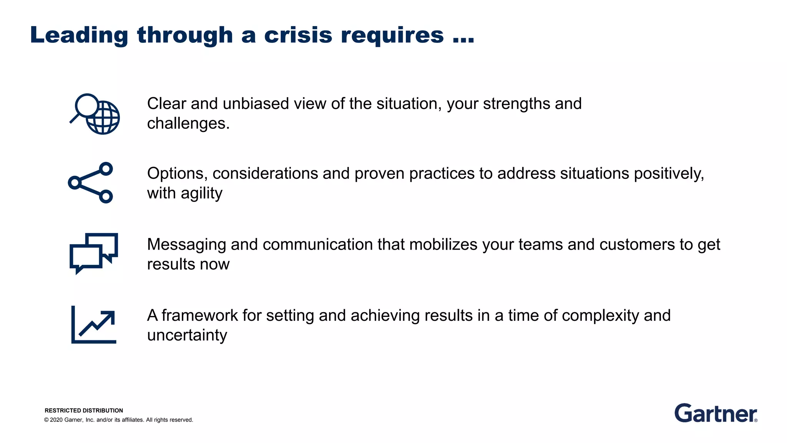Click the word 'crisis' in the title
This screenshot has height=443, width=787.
click(x=298, y=35)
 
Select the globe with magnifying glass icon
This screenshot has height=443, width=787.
click(x=95, y=114)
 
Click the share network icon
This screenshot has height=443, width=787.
click(x=91, y=183)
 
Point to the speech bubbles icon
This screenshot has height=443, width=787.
click(x=94, y=253)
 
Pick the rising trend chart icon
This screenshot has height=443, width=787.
click(x=94, y=325)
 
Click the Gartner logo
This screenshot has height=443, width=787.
click(x=716, y=413)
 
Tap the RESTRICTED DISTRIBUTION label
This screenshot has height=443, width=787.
click(x=84, y=410)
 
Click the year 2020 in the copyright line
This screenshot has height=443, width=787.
click(x=56, y=420)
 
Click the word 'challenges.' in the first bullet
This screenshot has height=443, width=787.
click(x=188, y=123)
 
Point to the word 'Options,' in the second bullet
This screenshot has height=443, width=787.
click(x=177, y=174)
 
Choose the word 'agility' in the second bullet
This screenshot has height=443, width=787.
click(x=201, y=193)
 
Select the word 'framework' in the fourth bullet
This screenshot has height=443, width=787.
click(x=199, y=316)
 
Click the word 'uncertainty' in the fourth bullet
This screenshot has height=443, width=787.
click(x=187, y=335)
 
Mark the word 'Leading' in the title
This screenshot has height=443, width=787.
click(x=79, y=35)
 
